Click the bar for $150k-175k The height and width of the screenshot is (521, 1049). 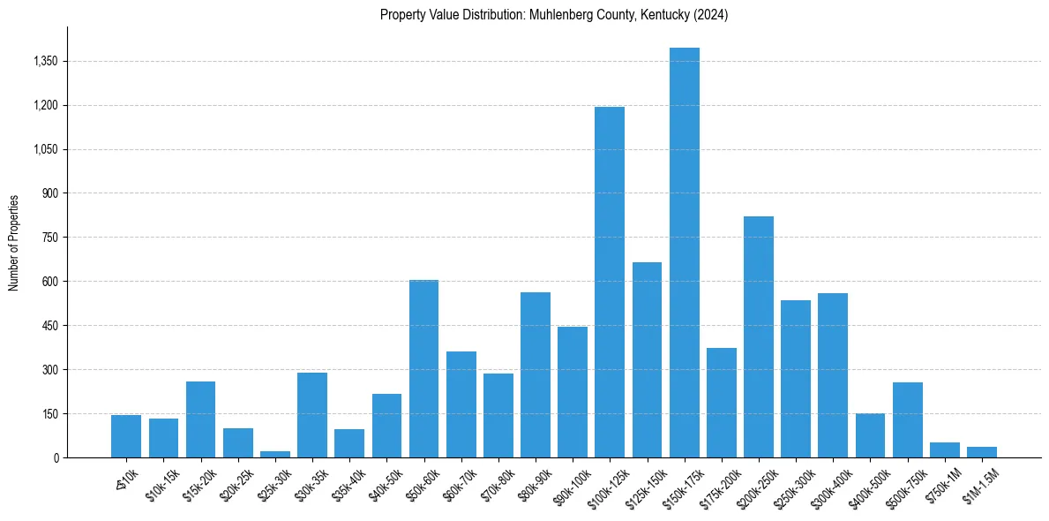point(685,253)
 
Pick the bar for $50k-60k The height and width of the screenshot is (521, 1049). point(423,369)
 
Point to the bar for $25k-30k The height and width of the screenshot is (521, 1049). point(275,454)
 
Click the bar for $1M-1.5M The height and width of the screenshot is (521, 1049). point(982,452)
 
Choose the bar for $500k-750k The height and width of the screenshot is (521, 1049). point(908,420)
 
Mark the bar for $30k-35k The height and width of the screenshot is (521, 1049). point(312,415)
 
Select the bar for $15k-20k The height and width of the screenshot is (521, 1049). point(200,419)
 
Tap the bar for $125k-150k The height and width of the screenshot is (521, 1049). point(647,360)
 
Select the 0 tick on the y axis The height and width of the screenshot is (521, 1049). point(56,457)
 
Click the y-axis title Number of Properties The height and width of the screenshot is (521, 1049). point(14,243)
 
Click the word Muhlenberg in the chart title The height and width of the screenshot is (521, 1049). point(560,15)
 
